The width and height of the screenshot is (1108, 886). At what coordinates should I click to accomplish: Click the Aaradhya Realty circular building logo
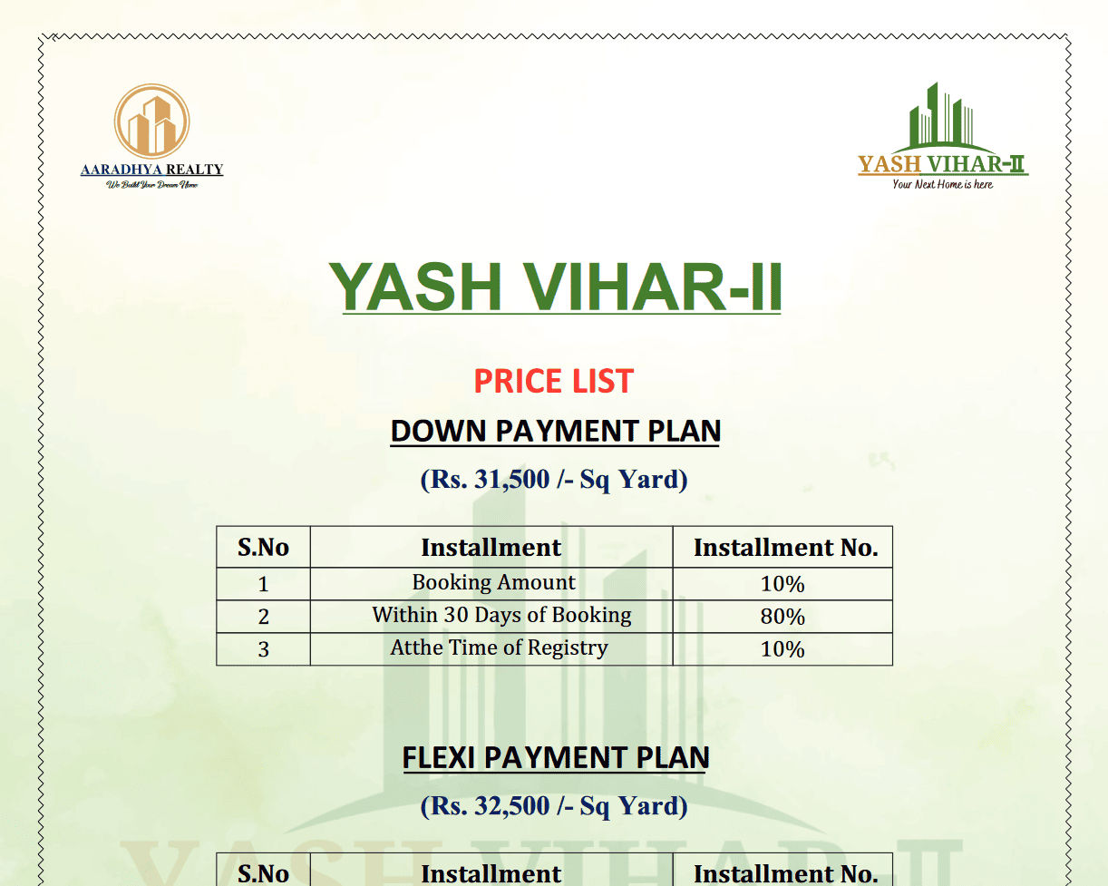(x=152, y=121)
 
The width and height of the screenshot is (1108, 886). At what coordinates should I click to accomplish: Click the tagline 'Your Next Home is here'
(x=942, y=184)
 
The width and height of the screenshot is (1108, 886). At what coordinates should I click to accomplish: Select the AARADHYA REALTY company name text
(x=152, y=169)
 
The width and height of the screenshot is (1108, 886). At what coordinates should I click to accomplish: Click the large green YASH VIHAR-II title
(x=556, y=287)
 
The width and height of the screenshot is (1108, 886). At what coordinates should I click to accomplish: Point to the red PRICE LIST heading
(x=553, y=381)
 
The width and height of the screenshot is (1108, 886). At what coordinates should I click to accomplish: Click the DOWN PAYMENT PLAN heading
(x=555, y=431)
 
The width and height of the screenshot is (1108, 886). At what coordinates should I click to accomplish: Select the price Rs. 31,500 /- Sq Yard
(x=554, y=480)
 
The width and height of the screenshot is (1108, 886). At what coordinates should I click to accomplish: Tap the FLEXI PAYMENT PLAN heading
(x=556, y=757)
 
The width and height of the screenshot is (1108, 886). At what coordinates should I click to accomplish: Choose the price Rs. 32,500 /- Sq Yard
(x=554, y=806)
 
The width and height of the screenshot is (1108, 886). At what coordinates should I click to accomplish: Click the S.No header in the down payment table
(x=263, y=547)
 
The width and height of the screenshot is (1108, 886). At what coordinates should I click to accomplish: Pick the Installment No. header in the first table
(x=786, y=547)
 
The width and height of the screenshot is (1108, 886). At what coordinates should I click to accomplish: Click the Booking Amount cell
(x=494, y=582)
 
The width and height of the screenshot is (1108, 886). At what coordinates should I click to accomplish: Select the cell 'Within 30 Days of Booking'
(x=502, y=615)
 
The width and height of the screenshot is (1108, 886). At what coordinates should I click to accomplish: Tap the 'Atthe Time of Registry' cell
(x=499, y=648)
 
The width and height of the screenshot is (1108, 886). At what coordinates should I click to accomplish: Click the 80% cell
(x=782, y=617)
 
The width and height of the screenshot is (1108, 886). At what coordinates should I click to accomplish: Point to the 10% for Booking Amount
(x=782, y=584)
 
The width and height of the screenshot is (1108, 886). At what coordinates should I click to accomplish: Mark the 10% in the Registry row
(x=782, y=649)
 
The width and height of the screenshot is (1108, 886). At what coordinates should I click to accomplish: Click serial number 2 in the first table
(x=264, y=617)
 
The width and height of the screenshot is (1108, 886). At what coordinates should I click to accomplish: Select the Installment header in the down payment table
(x=491, y=547)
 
